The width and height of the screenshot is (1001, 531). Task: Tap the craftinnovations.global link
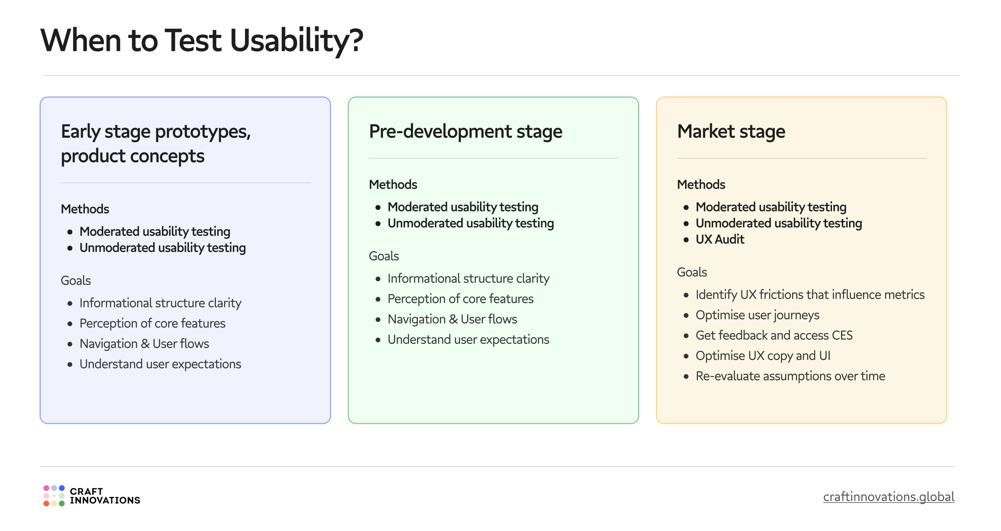(888, 497)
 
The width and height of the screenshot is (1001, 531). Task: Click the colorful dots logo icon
(54, 496)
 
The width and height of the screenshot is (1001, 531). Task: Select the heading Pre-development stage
(465, 131)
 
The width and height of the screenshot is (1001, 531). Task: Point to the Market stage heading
(731, 131)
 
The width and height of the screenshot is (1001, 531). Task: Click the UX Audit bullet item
(720, 240)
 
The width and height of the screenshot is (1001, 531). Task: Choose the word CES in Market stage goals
(842, 336)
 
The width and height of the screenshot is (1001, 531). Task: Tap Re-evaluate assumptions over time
(790, 376)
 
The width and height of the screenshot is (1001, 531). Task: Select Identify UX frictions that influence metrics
(810, 295)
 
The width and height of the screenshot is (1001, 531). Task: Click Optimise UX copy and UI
(763, 356)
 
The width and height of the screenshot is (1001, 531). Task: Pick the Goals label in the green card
(383, 256)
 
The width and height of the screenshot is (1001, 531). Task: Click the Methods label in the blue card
(85, 209)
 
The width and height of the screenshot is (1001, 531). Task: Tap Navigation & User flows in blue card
(144, 344)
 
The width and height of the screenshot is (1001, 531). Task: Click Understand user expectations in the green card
(468, 340)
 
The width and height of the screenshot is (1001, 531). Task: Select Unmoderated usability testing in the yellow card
(778, 224)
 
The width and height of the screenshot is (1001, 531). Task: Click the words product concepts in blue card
(132, 156)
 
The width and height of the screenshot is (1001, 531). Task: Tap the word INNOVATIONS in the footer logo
(105, 501)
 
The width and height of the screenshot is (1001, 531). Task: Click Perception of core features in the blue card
(152, 323)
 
